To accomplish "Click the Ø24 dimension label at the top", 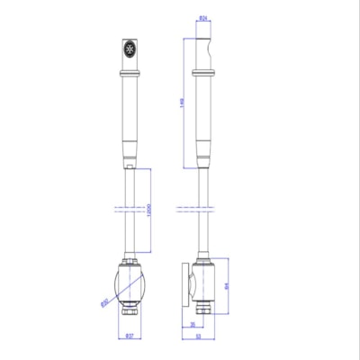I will point(204,17).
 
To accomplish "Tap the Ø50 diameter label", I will point(104,301).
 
